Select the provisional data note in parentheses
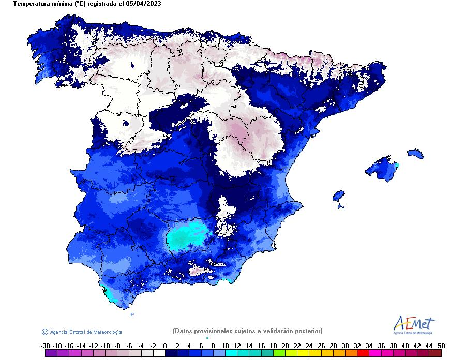[247, 331]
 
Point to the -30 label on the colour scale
[45, 346]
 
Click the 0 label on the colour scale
[164, 346]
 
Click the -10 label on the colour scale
[105, 346]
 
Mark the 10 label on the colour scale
[224, 346]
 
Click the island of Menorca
[415, 154]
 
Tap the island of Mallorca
[383, 167]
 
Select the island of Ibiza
[338, 196]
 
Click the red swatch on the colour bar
[363, 354]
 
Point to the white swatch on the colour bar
[159, 354]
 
